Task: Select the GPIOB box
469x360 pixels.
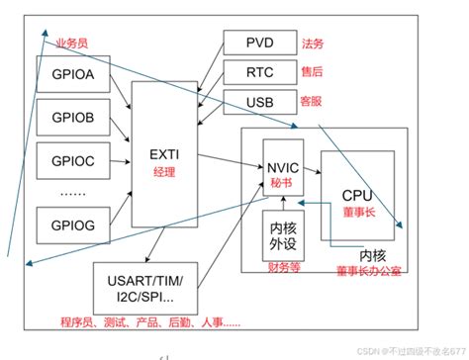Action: point(65,119)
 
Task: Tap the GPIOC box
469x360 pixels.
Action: point(65,158)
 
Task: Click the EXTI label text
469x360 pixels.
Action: point(164,153)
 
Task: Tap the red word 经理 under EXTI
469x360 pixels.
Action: point(164,171)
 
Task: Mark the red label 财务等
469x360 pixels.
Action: point(283,266)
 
